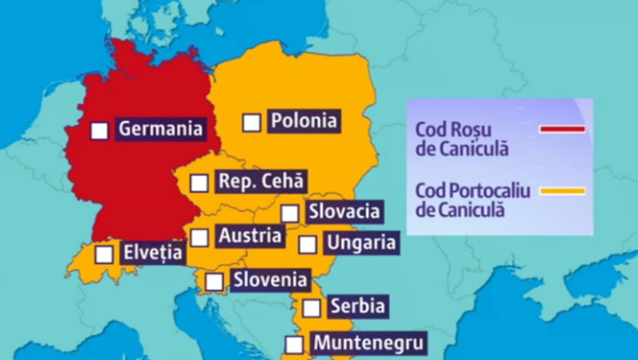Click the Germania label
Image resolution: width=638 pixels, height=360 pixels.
coord(160,128)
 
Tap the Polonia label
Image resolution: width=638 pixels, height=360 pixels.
coord(303,120)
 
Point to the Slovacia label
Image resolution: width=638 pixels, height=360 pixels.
coord(344,211)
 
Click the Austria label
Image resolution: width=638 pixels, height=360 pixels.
coord(250,236)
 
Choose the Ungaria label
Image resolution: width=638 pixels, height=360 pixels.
coord(361,243)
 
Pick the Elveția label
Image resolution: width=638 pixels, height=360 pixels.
coord(153,253)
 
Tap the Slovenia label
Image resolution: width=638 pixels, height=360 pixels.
coord(271,280)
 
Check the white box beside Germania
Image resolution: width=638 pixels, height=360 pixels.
coord(99,130)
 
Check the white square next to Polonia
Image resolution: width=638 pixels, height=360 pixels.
coord(252,122)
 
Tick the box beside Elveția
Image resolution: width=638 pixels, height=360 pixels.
coord(103,254)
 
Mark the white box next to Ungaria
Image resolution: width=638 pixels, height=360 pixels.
coord(307,244)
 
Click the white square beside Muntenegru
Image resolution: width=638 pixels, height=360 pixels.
coord(294,344)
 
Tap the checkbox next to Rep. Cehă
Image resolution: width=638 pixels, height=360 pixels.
coord(199,182)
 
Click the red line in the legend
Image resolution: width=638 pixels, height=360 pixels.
coord(561,129)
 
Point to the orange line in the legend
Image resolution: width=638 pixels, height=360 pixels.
coord(561,191)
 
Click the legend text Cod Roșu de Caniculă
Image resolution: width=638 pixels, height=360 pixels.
coord(462,138)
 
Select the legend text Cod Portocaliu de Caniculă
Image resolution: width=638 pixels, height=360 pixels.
coord(473,200)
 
